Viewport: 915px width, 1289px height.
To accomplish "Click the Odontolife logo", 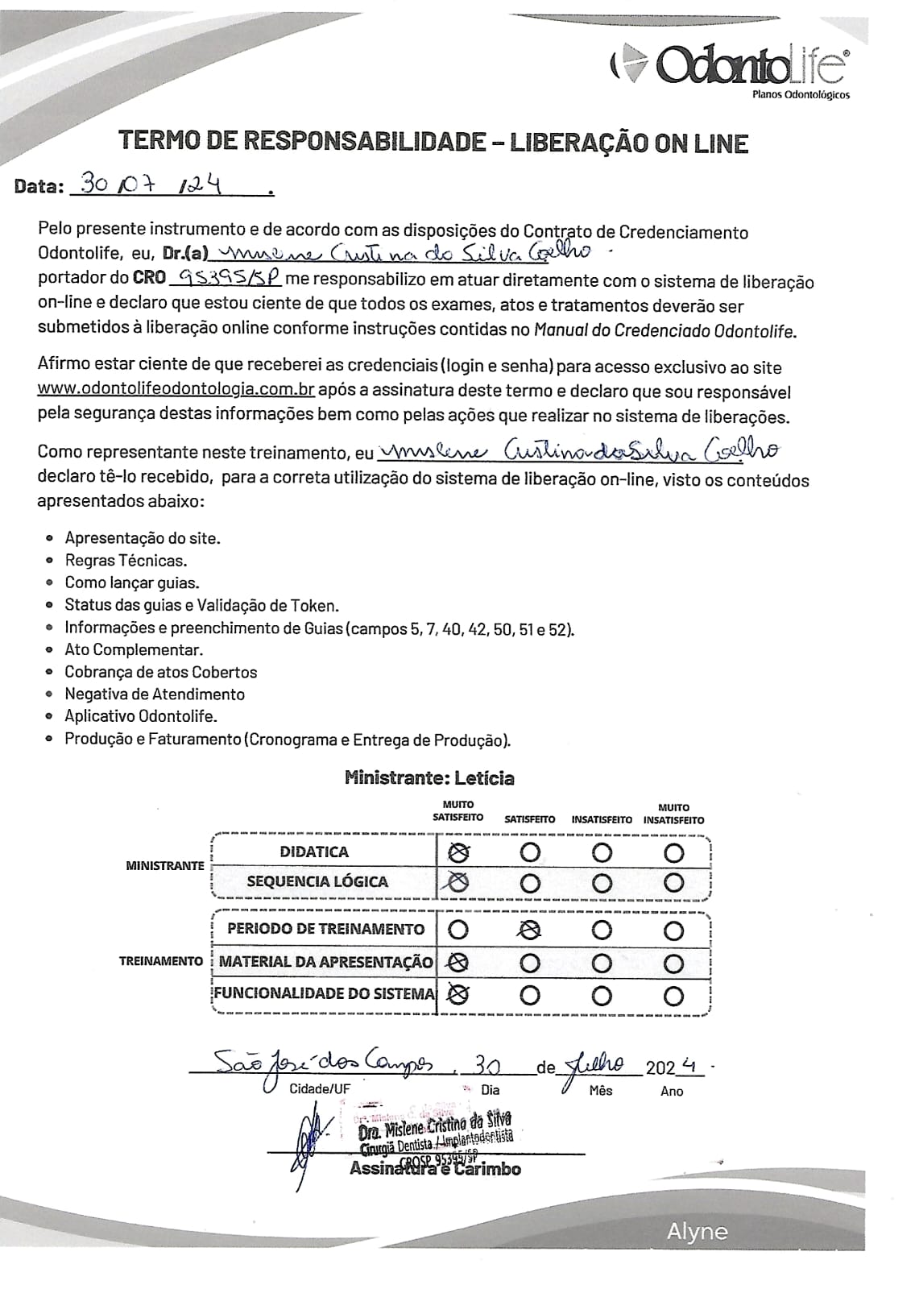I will pyautogui.click(x=729, y=68).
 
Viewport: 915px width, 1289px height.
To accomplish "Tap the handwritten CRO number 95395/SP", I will pyautogui.click(x=226, y=278).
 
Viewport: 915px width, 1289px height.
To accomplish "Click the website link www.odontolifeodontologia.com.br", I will pyautogui.click(x=176, y=391).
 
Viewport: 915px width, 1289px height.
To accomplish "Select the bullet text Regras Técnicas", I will pyautogui.click(x=126, y=561).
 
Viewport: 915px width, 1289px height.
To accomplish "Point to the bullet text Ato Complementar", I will pyautogui.click(x=134, y=649).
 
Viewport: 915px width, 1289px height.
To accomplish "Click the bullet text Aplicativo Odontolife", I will pyautogui.click(x=141, y=715).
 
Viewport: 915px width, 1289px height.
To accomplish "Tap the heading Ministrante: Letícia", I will pyautogui.click(x=429, y=777).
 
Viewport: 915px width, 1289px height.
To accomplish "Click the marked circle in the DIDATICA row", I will pyautogui.click(x=458, y=852).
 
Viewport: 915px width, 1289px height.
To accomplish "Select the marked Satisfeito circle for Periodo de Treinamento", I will pyautogui.click(x=529, y=930).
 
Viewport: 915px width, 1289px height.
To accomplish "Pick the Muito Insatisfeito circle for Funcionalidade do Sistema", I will pyautogui.click(x=673, y=995).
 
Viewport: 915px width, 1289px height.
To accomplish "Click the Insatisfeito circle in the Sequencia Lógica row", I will pyautogui.click(x=602, y=883).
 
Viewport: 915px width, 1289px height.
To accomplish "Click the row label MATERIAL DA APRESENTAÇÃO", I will pyautogui.click(x=325, y=961).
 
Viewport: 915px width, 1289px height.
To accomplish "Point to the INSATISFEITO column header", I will pyautogui.click(x=602, y=819).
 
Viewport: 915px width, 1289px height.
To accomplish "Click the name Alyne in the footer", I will pyautogui.click(x=696, y=1231).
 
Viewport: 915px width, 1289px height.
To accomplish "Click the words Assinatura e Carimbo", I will pyautogui.click(x=435, y=1169).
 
